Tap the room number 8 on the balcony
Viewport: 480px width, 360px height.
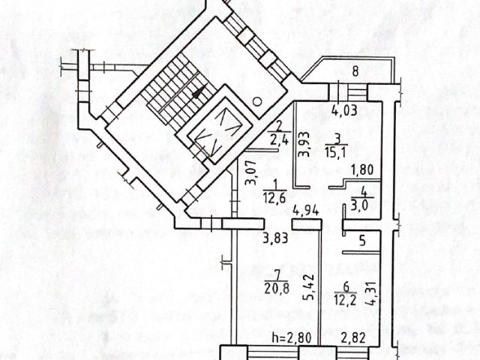click(x=356, y=72)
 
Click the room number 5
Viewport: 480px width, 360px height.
click(x=361, y=241)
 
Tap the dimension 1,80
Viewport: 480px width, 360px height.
click(x=362, y=169)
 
